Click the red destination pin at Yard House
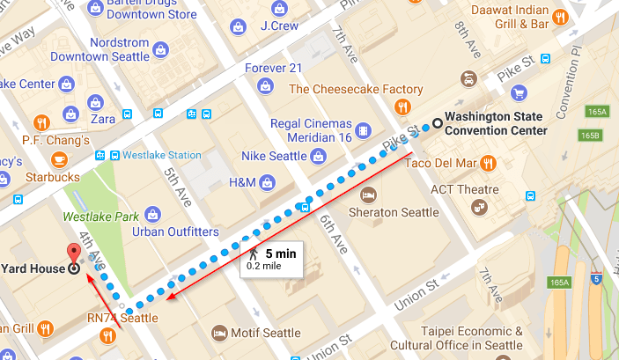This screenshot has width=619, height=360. click(x=74, y=253)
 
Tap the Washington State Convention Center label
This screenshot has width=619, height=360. click(x=496, y=123)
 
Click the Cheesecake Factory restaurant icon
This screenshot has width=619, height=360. click(x=402, y=107)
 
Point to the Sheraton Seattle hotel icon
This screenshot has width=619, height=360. click(x=372, y=194)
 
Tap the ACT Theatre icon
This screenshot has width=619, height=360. click(x=480, y=207)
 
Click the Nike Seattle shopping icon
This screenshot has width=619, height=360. click(x=315, y=157)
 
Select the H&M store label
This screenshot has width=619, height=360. click(x=241, y=182)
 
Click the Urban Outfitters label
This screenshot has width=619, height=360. click(x=175, y=231)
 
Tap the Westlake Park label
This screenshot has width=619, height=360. click(x=92, y=214)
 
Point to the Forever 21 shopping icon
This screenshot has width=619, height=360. click(x=263, y=85)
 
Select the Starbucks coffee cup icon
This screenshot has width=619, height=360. click(x=59, y=159)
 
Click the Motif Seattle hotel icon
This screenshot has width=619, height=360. click(x=219, y=333)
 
